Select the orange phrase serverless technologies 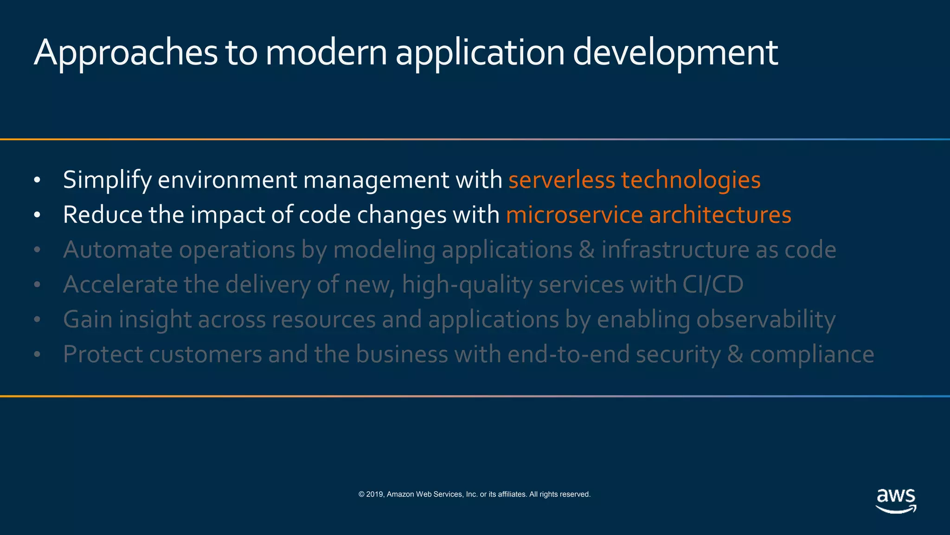pos(634,180)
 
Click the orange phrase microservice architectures pos(648,215)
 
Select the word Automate pos(118,250)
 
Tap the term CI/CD pos(712,285)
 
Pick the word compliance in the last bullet pos(812,355)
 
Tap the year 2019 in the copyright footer pos(375,495)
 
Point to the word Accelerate pos(120,285)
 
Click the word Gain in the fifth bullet pos(88,320)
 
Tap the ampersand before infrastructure pos(587,250)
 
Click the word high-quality pos(467,285)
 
